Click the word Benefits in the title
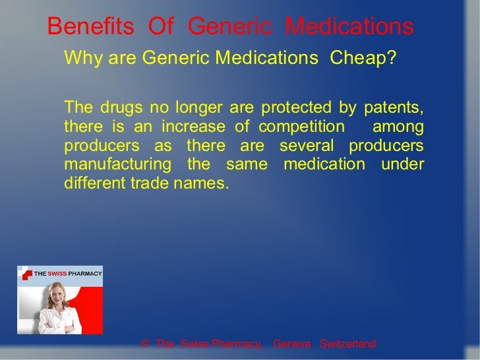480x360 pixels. click(90, 26)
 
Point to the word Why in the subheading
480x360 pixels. click(80, 59)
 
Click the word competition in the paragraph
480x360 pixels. click(301, 127)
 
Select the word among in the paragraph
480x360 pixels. click(399, 127)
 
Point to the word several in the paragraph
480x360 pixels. click(307, 145)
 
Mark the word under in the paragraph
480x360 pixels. click(403, 164)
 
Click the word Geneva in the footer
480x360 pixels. click(291, 344)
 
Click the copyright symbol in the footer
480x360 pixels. click(145, 344)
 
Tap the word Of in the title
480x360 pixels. click(160, 26)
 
